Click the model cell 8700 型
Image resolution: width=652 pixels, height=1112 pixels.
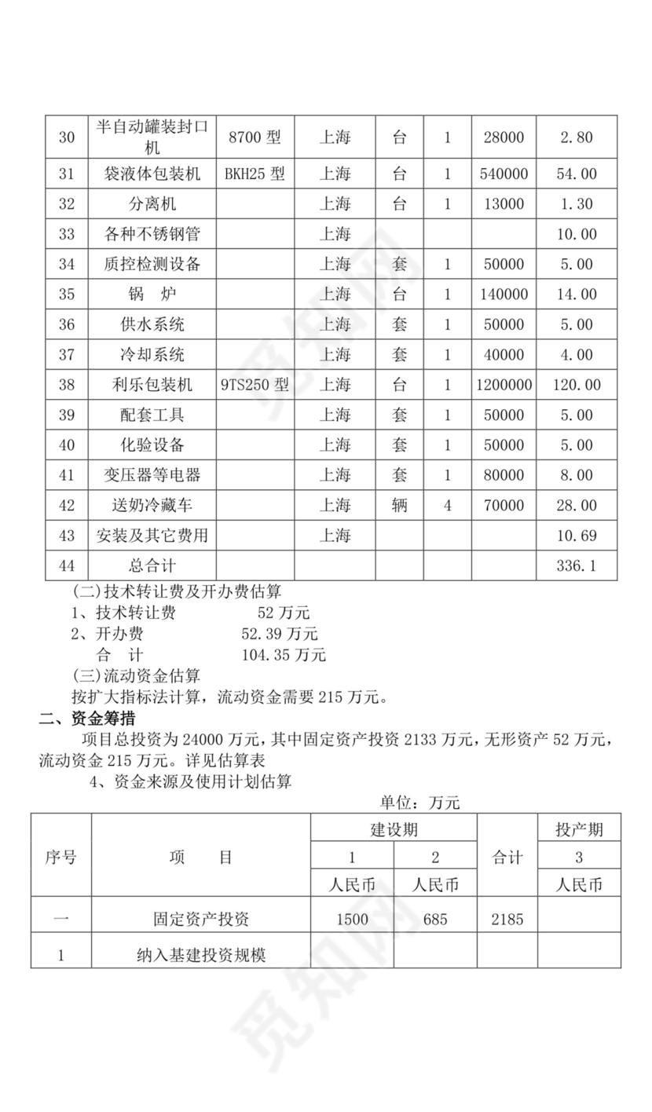[x=254, y=137]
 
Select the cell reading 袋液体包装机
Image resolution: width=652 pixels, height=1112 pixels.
[x=152, y=174]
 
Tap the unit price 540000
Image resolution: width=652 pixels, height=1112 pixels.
[x=504, y=174]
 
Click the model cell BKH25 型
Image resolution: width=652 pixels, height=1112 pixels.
[x=254, y=174]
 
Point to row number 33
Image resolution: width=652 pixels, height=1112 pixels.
[x=67, y=234]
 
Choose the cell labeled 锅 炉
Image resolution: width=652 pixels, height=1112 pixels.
[x=152, y=294]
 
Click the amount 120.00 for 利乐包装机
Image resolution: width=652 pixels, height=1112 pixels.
[x=577, y=385]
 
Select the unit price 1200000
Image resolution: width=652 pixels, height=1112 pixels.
[x=504, y=385]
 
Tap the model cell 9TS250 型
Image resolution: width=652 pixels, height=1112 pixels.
[x=255, y=385]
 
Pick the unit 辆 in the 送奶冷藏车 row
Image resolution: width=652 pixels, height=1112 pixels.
[x=399, y=506]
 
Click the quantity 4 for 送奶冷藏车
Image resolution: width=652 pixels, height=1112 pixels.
[x=448, y=506]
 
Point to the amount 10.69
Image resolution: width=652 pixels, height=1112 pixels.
[x=577, y=536]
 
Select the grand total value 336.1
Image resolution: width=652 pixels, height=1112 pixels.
[x=577, y=565]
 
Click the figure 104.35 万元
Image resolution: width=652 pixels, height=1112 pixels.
[x=284, y=654]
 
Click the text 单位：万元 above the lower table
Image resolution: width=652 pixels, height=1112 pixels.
[x=419, y=803]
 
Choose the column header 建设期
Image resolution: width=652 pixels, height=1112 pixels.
[x=394, y=829]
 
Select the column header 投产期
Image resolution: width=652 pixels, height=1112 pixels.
[x=578, y=829]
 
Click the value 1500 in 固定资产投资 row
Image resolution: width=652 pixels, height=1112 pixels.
[x=351, y=919]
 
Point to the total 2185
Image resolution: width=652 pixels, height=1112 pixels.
[x=507, y=919]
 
